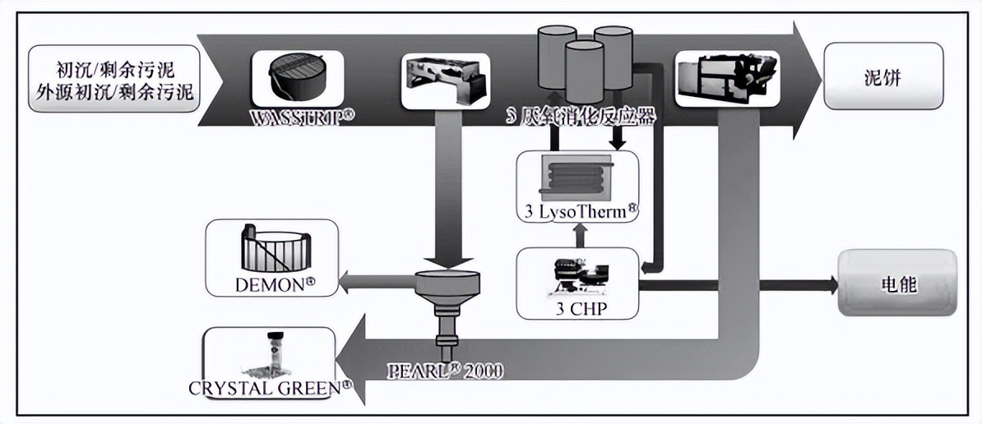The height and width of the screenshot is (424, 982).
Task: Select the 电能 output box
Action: [x=896, y=284]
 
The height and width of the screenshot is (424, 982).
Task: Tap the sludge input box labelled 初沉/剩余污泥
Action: [x=113, y=80]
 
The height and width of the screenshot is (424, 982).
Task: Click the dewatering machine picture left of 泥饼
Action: [x=716, y=78]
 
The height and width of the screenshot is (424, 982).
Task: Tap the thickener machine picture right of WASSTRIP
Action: [x=445, y=80]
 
